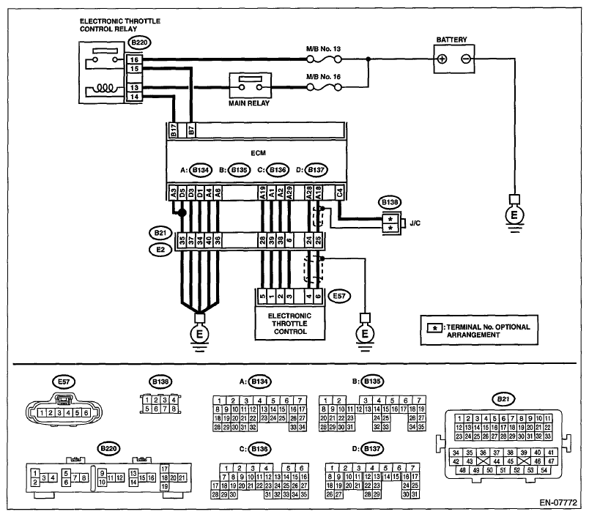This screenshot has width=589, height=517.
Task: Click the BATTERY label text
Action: point(451,40)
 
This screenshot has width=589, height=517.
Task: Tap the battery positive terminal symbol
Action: point(442,59)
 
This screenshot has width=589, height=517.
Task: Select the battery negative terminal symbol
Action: point(467,59)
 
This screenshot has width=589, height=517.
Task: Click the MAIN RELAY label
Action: point(250,104)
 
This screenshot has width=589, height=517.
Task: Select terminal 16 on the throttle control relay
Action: point(134,59)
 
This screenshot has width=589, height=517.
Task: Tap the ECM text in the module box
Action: point(257,153)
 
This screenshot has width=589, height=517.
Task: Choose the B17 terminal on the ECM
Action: point(174,132)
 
